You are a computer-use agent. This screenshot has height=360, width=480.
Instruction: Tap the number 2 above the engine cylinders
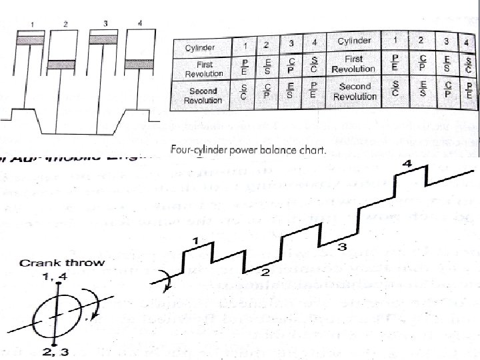click(66, 24)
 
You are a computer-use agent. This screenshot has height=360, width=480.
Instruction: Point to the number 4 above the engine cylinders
click(139, 24)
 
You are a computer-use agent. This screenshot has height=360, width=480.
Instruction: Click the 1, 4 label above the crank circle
click(59, 275)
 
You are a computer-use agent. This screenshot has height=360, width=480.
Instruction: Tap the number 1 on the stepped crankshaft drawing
click(195, 239)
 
